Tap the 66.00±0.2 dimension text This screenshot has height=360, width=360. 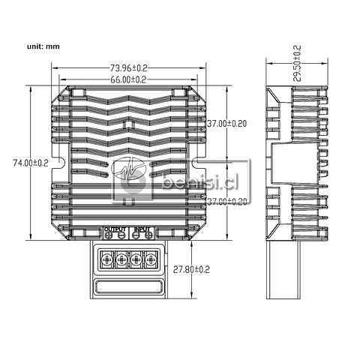click(127, 79)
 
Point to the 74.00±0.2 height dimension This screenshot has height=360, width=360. click(30, 162)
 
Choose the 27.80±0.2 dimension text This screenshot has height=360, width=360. click(192, 268)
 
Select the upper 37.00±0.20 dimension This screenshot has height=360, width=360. click(227, 123)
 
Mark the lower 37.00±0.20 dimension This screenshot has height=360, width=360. click(227, 201)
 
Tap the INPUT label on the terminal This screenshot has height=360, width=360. click(143, 229)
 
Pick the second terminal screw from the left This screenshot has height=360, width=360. click(121, 259)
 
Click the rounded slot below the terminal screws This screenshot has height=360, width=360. click(128, 289)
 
